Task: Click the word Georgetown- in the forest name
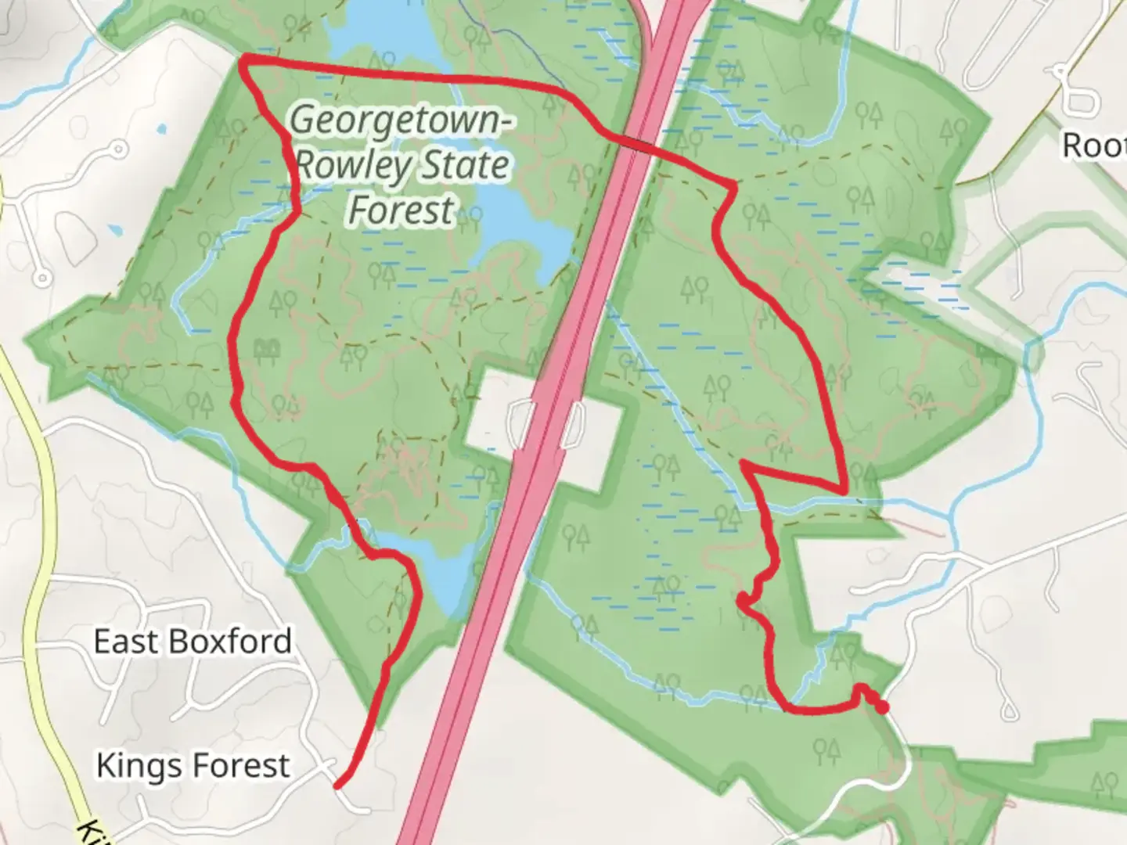(402, 121)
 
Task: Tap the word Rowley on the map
(354, 166)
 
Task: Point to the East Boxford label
(193, 642)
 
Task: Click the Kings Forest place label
(193, 765)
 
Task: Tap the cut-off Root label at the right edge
(1094, 145)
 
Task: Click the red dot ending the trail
(882, 707)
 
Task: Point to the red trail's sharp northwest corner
(243, 60)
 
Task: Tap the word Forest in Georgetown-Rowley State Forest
(401, 210)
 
